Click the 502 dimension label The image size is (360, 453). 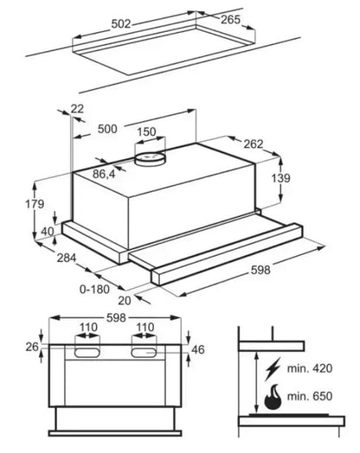(x=121, y=24)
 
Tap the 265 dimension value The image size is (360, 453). (x=230, y=20)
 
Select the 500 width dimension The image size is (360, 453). (x=107, y=129)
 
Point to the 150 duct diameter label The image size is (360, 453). (x=146, y=131)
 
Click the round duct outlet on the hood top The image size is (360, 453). (x=151, y=158)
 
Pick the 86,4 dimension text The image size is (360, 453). (x=104, y=174)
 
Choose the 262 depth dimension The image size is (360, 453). (x=254, y=144)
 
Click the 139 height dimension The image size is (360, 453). (x=280, y=178)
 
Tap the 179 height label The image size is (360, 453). (x=35, y=204)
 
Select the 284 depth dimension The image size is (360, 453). (x=67, y=258)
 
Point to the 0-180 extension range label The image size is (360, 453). (x=94, y=290)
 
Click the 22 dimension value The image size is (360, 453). (x=77, y=109)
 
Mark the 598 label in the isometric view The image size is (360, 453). (x=260, y=270)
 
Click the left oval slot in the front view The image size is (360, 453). (x=87, y=353)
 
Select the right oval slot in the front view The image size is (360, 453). (x=144, y=353)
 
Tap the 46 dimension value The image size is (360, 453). (x=198, y=349)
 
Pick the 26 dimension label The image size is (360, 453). (x=32, y=347)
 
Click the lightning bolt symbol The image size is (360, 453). (x=273, y=369)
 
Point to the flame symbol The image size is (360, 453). (x=273, y=398)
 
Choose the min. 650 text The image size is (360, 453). (x=310, y=396)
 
